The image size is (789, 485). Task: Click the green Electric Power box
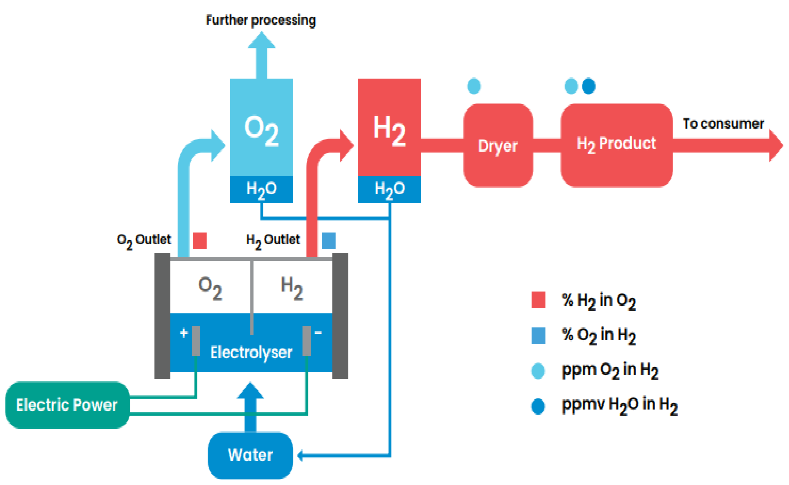(x=67, y=405)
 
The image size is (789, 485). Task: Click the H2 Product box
(x=617, y=144)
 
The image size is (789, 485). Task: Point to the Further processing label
(x=261, y=20)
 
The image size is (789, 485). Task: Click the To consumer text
(x=723, y=124)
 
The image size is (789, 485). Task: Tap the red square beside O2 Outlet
(x=199, y=240)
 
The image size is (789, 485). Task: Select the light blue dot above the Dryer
(x=474, y=86)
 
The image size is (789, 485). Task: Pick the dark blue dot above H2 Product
(x=589, y=86)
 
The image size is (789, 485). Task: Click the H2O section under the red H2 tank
(x=389, y=189)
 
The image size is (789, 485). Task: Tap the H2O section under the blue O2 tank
(x=261, y=189)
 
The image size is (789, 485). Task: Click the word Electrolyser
(x=251, y=352)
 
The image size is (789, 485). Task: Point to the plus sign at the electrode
(x=184, y=333)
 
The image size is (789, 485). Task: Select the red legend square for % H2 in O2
(x=538, y=300)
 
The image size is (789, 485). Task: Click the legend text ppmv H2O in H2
(x=619, y=405)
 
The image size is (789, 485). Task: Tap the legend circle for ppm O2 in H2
(x=538, y=371)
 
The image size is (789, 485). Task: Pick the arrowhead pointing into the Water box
(x=300, y=455)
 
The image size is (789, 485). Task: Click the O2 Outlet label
(x=144, y=240)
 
